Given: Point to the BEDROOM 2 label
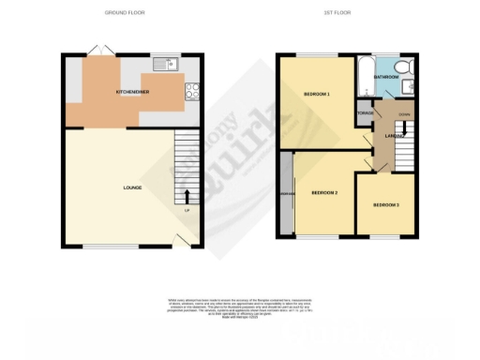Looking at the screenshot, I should click(x=324, y=192).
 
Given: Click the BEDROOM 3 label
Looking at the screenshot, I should click(x=385, y=204).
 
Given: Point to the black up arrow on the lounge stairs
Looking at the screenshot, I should click(x=186, y=196).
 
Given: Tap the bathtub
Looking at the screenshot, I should click(x=362, y=75).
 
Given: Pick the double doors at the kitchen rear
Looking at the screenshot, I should click(x=98, y=49).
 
